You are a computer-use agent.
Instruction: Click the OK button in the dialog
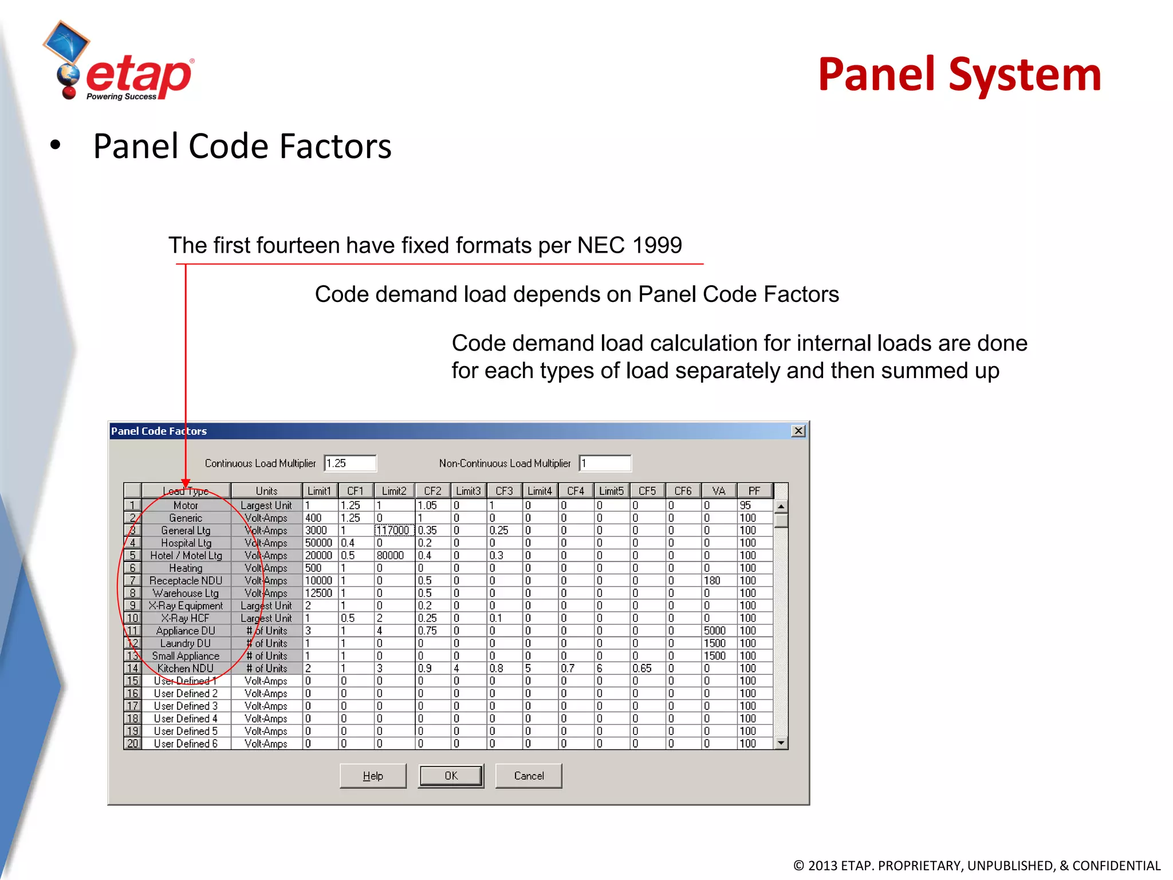tap(451, 776)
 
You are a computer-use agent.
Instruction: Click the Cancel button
tap(528, 776)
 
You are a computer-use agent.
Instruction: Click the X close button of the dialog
tap(798, 431)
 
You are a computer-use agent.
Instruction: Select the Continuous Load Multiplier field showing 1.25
tap(349, 463)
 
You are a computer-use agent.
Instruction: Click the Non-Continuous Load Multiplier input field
tap(604, 463)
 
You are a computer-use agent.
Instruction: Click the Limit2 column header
tap(394, 491)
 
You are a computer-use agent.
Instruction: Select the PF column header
tap(754, 491)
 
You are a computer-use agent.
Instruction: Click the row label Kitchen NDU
tap(186, 669)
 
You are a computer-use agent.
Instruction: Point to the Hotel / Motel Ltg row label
tap(186, 556)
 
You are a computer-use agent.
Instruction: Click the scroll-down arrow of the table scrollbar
tap(781, 743)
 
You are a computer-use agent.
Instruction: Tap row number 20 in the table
tap(132, 744)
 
